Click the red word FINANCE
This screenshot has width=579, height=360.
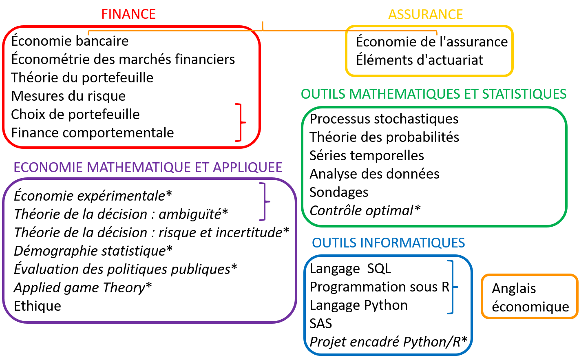point(128,14)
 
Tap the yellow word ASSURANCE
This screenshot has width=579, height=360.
point(425,15)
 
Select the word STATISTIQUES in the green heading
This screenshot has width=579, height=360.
point(524,94)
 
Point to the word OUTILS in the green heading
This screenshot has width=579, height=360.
point(323,94)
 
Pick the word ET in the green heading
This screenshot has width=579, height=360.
point(471,94)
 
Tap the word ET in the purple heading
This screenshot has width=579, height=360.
point(203,168)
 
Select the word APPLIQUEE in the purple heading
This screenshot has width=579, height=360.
point(248,168)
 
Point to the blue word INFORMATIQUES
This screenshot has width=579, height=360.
point(413,243)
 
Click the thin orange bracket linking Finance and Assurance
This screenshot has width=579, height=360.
point(263,31)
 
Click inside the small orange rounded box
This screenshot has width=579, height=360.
point(529,296)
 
